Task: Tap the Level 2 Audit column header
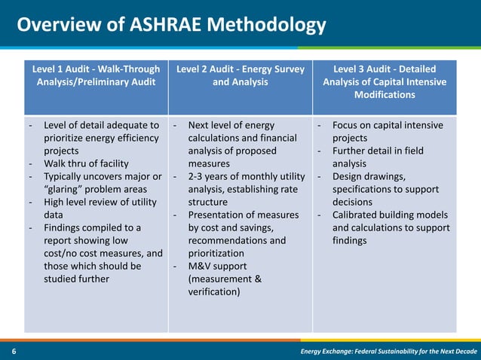click(240, 76)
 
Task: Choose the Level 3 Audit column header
click(384, 82)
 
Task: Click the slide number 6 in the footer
click(14, 352)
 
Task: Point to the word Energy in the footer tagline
click(315, 352)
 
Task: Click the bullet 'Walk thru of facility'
click(86, 163)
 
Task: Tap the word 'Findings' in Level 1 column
click(63, 227)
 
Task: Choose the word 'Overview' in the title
click(51, 26)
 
